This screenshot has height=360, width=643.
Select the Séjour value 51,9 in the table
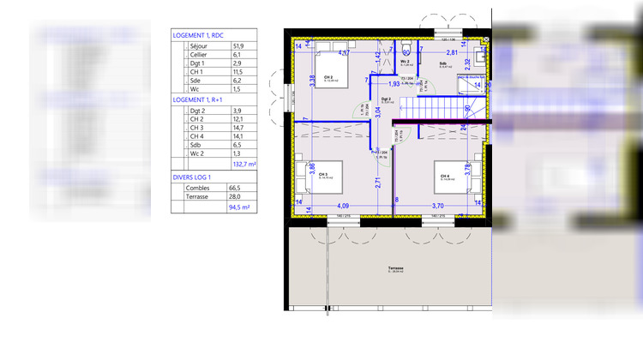[237, 46]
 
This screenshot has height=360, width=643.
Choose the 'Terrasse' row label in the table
[203, 196]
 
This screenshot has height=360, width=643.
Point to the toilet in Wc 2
[406, 47]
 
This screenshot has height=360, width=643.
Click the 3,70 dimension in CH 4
[437, 206]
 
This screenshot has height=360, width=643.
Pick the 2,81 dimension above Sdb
[451, 53]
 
